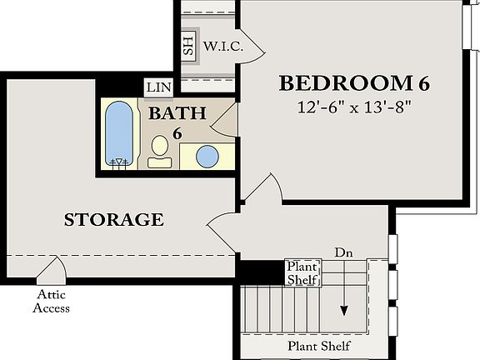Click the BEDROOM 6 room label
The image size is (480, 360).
click(x=356, y=84)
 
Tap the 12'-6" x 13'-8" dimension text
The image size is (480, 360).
click(x=356, y=107)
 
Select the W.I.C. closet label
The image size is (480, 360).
click(x=223, y=46)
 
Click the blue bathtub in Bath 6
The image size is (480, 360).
click(x=117, y=133)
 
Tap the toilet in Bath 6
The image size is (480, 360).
click(x=159, y=152)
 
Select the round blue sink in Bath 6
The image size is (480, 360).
click(x=207, y=156)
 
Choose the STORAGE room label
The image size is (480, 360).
click(x=113, y=220)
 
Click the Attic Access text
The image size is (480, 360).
click(x=51, y=302)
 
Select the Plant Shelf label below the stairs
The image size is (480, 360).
click(x=318, y=346)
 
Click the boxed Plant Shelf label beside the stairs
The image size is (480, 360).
click(x=302, y=273)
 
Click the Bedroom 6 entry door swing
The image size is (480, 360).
click(x=260, y=188)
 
